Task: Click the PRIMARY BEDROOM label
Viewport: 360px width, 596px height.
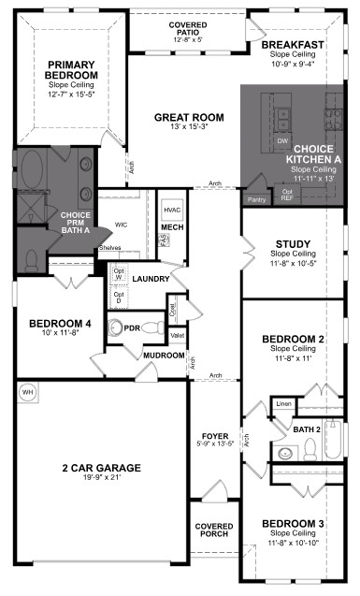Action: (72, 69)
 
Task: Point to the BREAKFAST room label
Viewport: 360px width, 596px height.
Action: (293, 45)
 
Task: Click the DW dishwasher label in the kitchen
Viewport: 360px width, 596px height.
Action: (281, 141)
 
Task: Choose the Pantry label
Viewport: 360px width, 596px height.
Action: (256, 198)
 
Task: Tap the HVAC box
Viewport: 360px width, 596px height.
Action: (171, 211)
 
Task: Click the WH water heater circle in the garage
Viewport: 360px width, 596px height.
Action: (27, 391)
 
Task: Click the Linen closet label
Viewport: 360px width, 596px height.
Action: (283, 403)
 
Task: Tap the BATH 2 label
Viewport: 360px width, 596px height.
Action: (307, 429)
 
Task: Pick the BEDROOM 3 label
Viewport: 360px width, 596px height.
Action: (293, 522)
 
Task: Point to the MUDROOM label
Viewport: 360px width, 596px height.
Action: (165, 356)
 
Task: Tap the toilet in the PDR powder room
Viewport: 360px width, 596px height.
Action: (116, 327)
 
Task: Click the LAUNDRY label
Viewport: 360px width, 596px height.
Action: (151, 279)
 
